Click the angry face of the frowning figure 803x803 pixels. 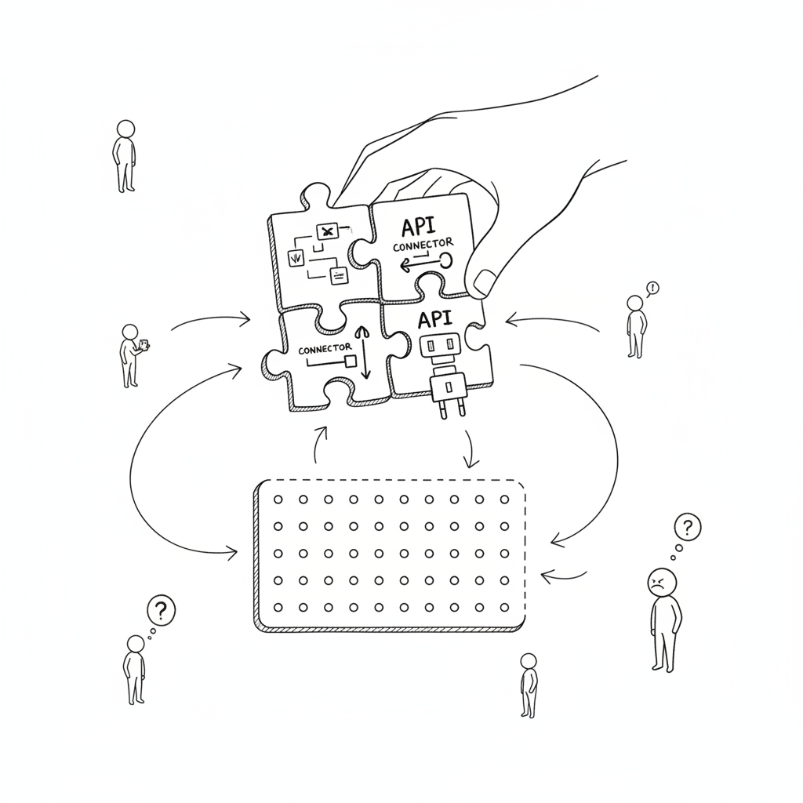(x=662, y=582)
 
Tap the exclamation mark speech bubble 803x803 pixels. (x=652, y=289)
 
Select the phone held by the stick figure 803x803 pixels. (x=144, y=345)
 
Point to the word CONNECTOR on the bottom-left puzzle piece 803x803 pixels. (x=325, y=349)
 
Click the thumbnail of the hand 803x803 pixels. (x=484, y=282)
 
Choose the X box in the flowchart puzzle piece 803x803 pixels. (x=327, y=231)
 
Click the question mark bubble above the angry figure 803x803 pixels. (x=687, y=526)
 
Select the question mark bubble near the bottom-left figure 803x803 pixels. (x=161, y=610)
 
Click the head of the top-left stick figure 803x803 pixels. (x=125, y=129)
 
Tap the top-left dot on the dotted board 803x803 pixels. (x=278, y=500)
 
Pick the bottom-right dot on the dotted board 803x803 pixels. (x=504, y=608)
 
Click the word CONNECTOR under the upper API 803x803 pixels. (x=423, y=245)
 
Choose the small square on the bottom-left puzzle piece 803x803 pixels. (x=351, y=362)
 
